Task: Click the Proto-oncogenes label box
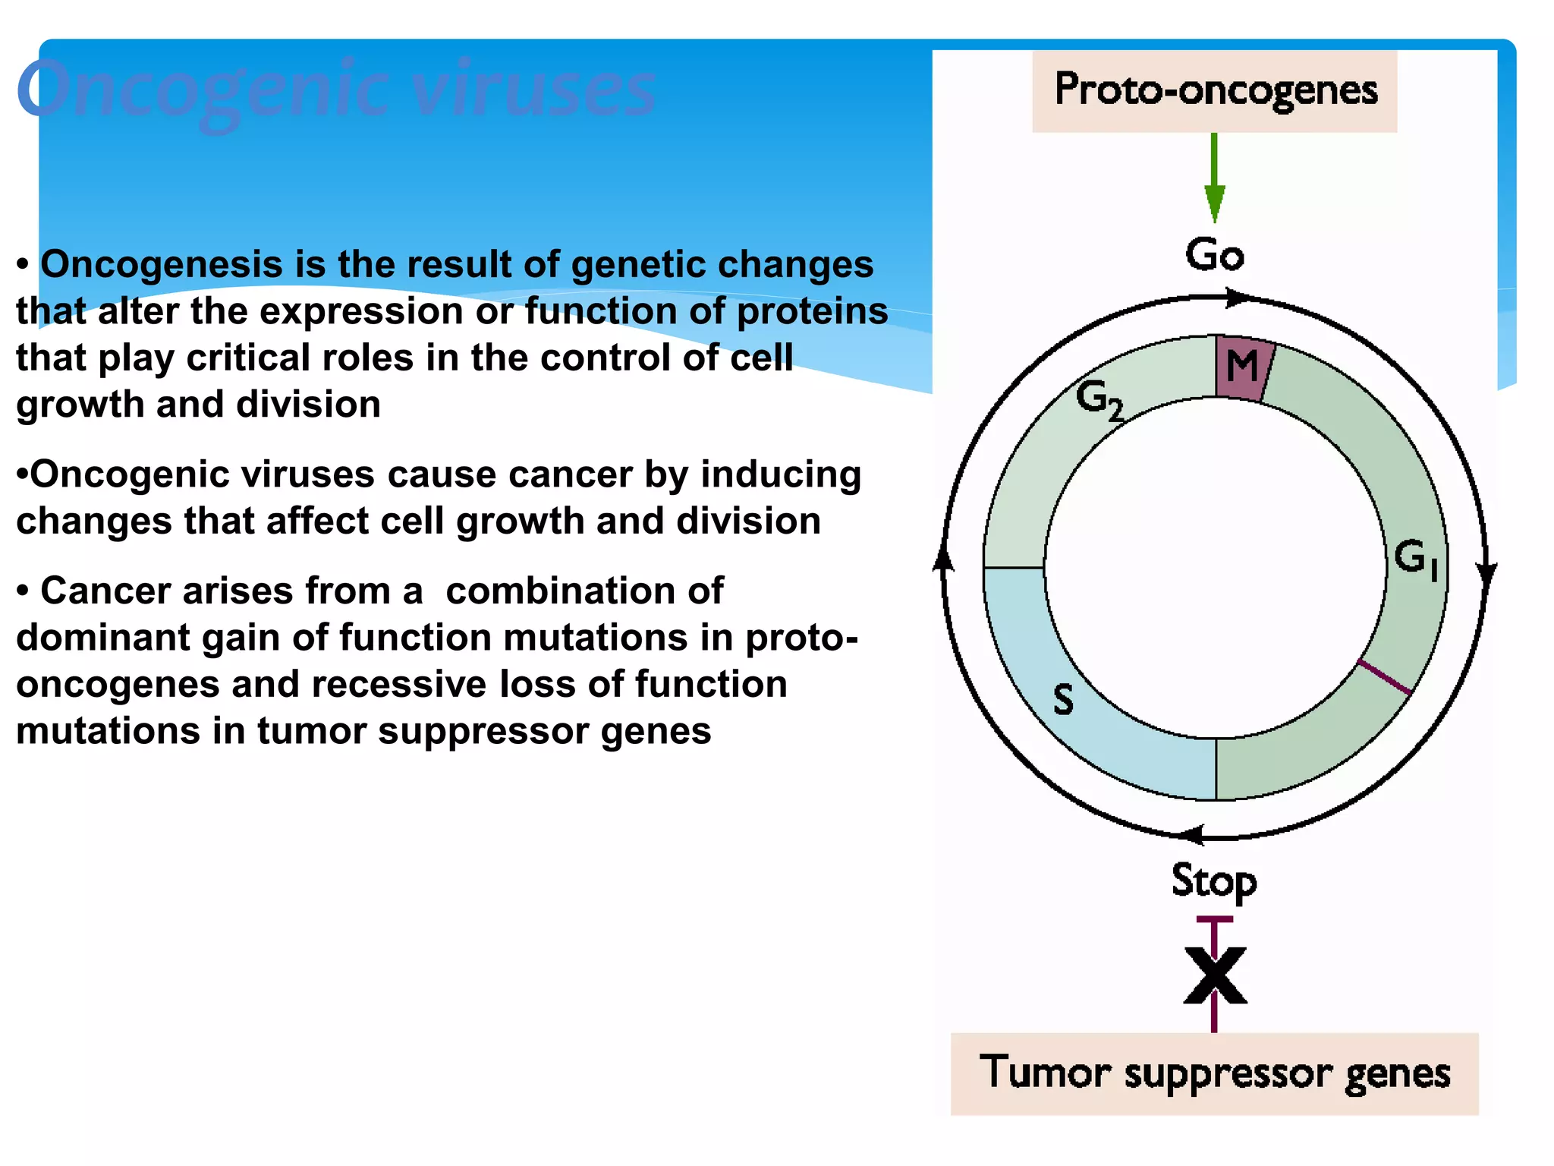(x=1214, y=91)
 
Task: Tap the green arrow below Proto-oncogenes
(x=1214, y=182)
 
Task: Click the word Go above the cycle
(x=1214, y=254)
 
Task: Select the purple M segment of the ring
(x=1242, y=368)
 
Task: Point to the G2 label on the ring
(x=1099, y=400)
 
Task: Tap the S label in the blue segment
(x=1064, y=699)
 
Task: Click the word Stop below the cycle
(x=1214, y=881)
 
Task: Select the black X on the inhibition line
(x=1215, y=975)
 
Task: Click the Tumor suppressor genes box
(x=1214, y=1073)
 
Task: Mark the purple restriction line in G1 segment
(x=1385, y=677)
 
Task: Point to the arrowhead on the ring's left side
(x=943, y=559)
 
